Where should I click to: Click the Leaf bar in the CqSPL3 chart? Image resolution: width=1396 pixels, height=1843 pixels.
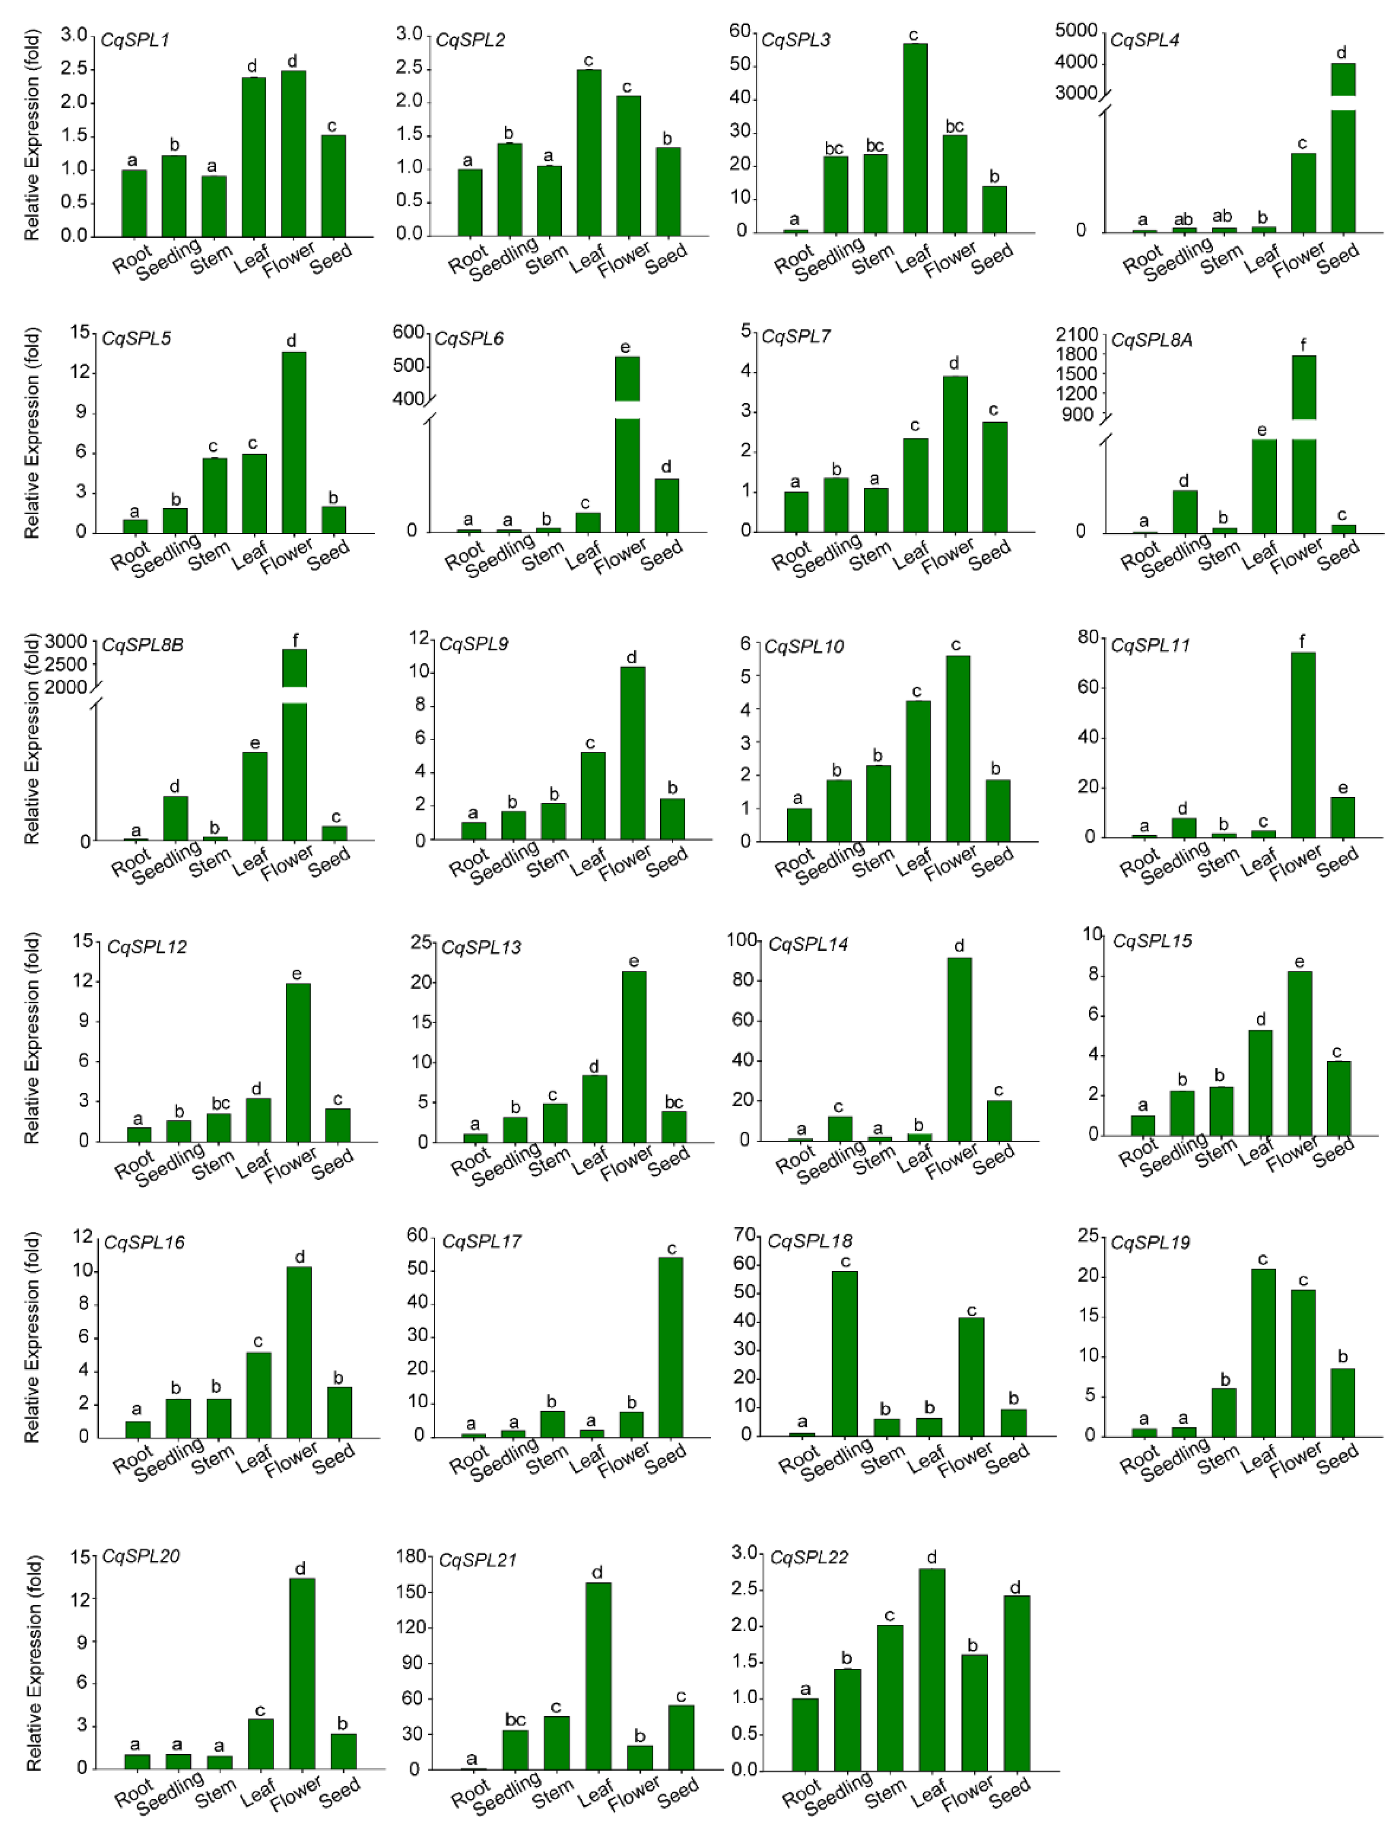click(x=915, y=138)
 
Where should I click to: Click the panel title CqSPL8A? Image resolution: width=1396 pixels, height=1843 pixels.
click(x=1151, y=340)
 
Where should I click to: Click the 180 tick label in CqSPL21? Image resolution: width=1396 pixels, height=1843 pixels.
click(x=412, y=1557)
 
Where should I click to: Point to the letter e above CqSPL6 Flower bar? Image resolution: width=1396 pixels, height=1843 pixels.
click(x=625, y=347)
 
